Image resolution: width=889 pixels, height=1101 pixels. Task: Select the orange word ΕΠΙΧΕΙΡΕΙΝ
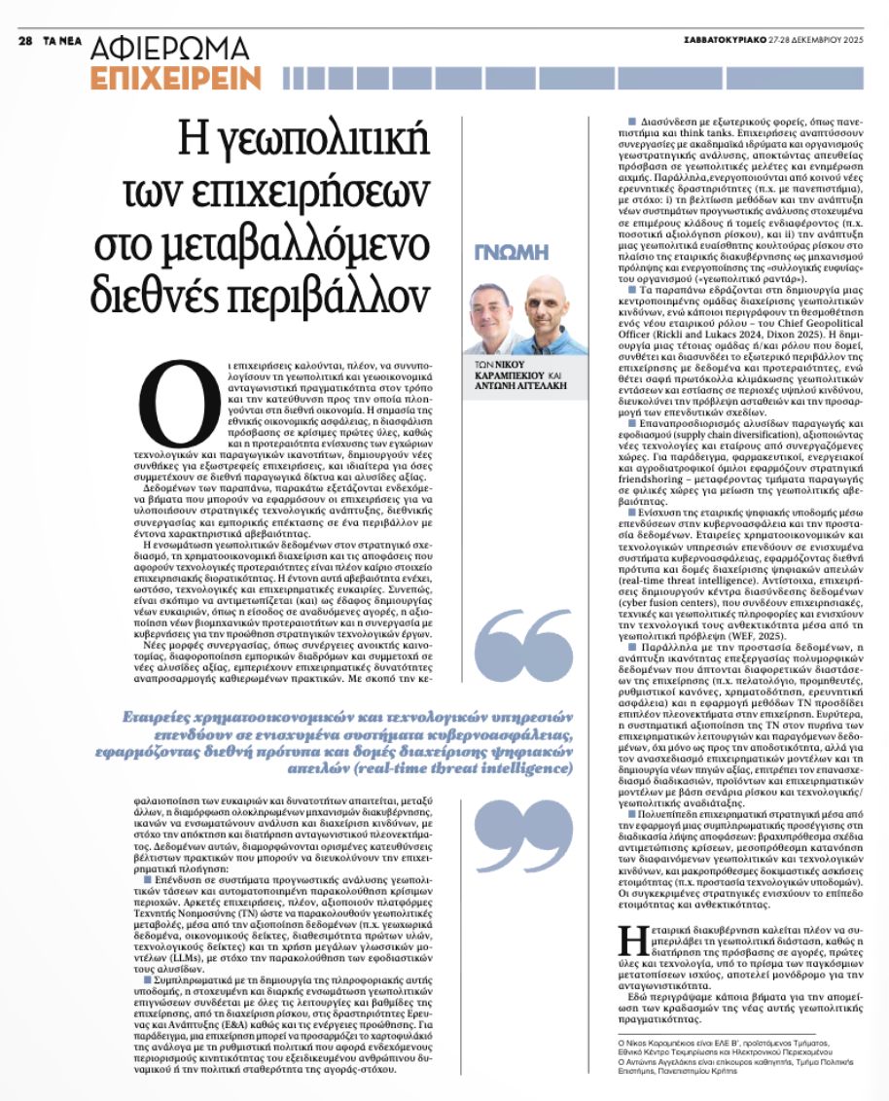click(175, 77)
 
